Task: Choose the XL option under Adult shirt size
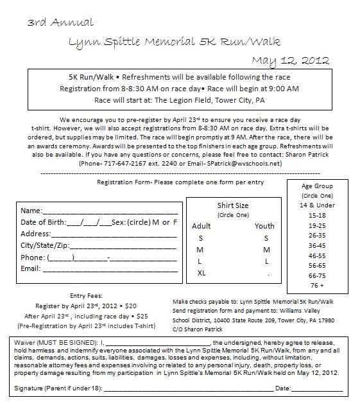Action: pos(201,273)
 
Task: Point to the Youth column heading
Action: pos(264,226)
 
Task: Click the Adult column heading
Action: pos(201,226)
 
